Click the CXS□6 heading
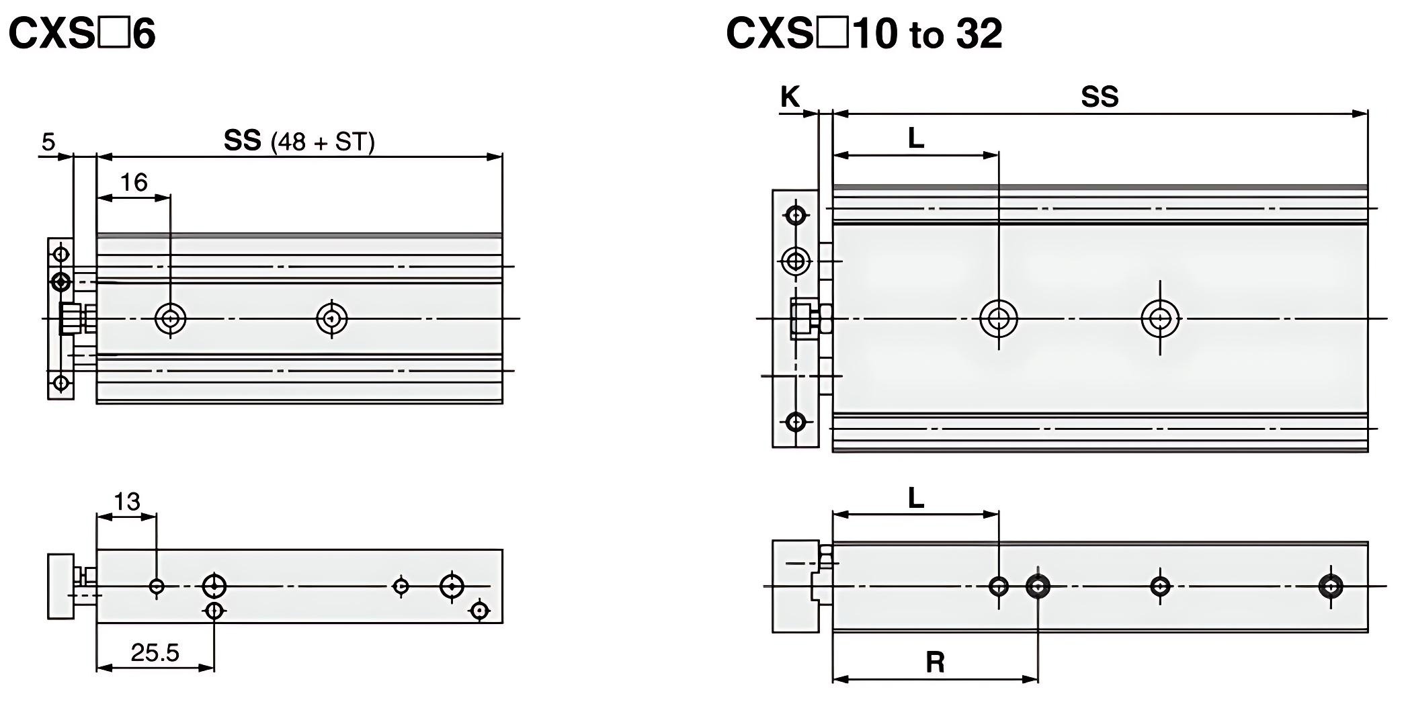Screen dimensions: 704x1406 click(82, 34)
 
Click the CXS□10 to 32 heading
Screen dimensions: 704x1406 click(864, 34)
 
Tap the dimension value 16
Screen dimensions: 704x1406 click(133, 182)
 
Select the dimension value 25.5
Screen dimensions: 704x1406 click(155, 652)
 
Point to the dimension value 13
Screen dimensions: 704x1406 click(126, 502)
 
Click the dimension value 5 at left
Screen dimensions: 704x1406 click(48, 142)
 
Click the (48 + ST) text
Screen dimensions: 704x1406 click(322, 142)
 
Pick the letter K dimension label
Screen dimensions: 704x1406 click(790, 97)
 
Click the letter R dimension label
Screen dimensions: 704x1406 click(935, 662)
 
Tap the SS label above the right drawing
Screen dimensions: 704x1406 click(1100, 97)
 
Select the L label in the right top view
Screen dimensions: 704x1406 click(916, 139)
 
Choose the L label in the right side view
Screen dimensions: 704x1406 click(916, 499)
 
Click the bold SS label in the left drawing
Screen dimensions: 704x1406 click(242, 141)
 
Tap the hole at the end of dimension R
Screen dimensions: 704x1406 click(1038, 586)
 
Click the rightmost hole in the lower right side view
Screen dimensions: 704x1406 click(1331, 586)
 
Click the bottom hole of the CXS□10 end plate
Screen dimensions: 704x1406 click(796, 422)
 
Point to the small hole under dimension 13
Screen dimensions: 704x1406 click(157, 586)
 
